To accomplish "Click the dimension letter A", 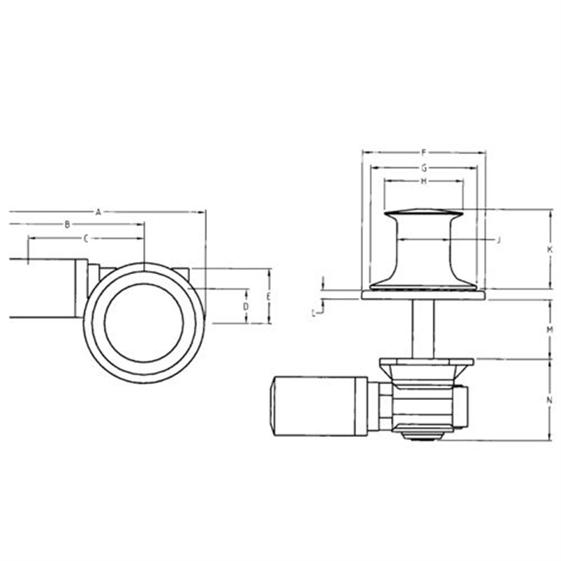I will (x=97, y=212).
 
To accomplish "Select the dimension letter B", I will (x=68, y=225).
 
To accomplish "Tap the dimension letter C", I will (x=85, y=239).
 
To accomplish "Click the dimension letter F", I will (x=424, y=151).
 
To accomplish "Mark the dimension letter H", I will (x=423, y=182).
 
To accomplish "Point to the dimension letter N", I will (x=550, y=400).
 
